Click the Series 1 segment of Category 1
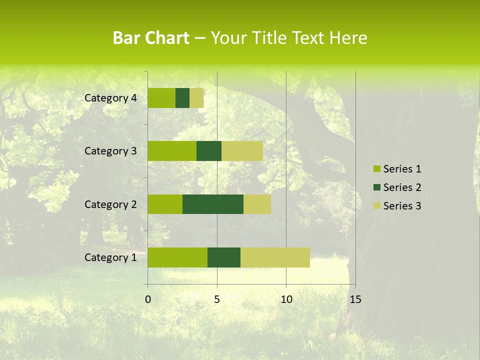click(x=177, y=257)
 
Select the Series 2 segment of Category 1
click(x=224, y=257)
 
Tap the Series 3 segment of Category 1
click(x=275, y=257)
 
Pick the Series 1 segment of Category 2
click(x=165, y=204)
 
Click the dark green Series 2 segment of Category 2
click(x=213, y=204)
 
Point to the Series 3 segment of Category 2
click(x=257, y=204)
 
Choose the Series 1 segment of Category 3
click(x=172, y=151)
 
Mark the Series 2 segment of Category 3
click(x=209, y=151)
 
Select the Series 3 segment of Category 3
click(x=242, y=151)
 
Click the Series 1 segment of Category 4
click(x=161, y=98)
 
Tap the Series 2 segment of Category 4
click(x=182, y=98)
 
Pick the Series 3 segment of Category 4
click(x=196, y=98)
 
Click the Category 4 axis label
click(x=110, y=98)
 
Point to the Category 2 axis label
click(x=110, y=204)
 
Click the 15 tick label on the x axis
click(x=355, y=299)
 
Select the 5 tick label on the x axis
click(x=217, y=299)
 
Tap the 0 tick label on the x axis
click(x=148, y=299)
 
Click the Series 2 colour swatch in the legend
click(x=376, y=187)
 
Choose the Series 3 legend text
click(x=402, y=206)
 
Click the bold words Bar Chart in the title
click(x=151, y=38)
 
